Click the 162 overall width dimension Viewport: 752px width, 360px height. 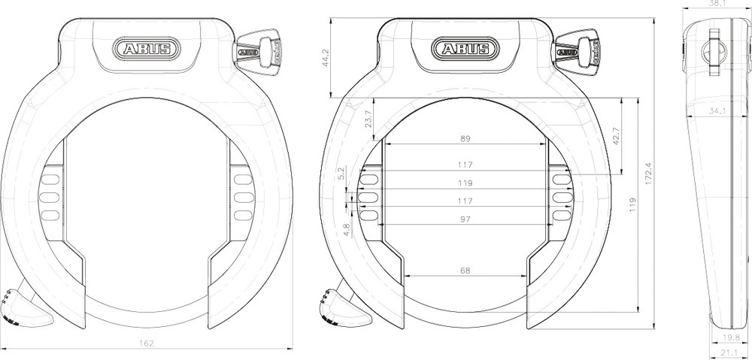coord(147,343)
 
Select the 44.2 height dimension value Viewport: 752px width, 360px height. coord(326,59)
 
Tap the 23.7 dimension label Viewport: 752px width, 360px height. coord(368,119)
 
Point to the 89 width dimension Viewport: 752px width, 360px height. coord(465,139)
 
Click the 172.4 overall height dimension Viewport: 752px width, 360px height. coord(647,173)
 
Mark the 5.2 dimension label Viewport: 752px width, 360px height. coord(342,174)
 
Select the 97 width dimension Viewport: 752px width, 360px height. coord(465,219)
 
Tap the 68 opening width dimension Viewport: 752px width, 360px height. coord(465,271)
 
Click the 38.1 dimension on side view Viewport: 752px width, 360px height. coord(718,3)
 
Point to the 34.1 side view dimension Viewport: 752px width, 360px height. coord(717,111)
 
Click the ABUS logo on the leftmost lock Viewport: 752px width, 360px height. coord(147,50)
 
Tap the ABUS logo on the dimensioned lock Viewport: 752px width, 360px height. coord(465,50)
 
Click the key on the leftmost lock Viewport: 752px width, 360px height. coord(258,50)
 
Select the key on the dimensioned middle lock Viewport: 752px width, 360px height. coord(576,50)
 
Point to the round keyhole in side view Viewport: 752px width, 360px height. coord(714,51)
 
